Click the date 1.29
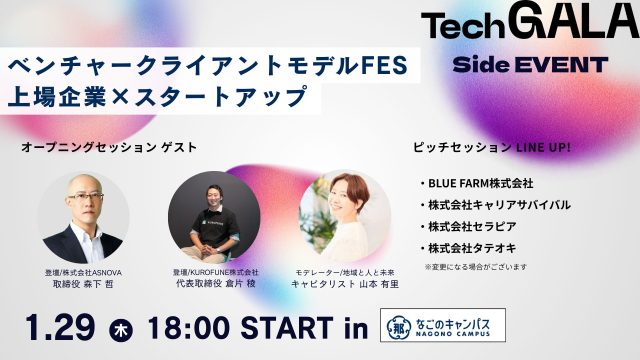61,327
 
